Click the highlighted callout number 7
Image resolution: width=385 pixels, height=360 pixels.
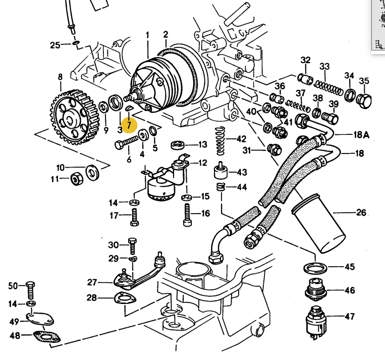[129, 123]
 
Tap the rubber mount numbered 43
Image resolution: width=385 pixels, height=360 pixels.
[220, 172]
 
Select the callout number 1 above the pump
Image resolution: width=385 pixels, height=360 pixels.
[148, 35]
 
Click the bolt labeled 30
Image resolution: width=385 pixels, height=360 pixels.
[132, 245]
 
